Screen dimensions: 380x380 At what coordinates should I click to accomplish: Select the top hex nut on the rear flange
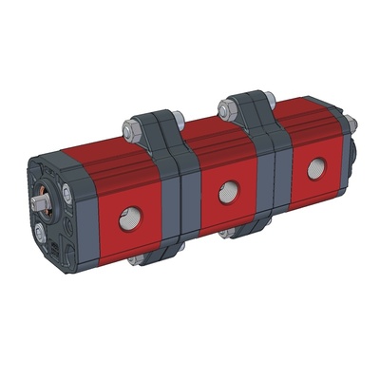pos(229,107)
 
